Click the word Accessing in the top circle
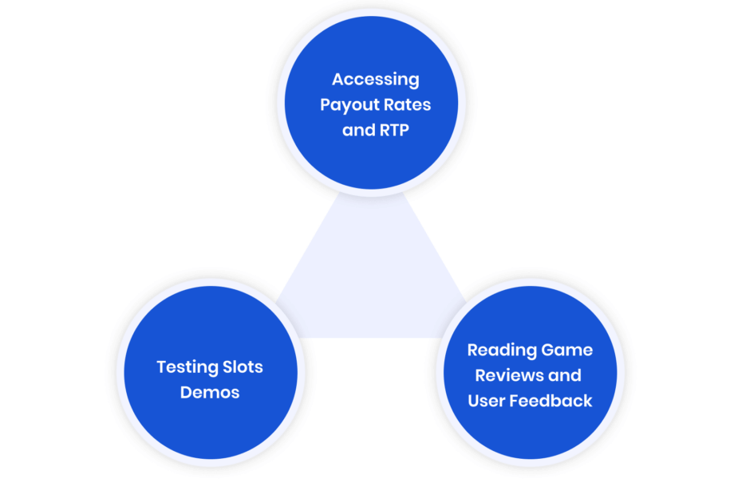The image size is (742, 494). click(x=375, y=80)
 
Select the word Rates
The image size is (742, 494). click(x=407, y=104)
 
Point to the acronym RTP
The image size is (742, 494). click(x=394, y=130)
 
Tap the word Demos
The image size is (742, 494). click(x=210, y=392)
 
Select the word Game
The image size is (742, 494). click(x=567, y=350)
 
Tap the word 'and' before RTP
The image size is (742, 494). click(x=359, y=130)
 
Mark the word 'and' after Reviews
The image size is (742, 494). click(x=565, y=375)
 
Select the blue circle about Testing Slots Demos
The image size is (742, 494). click(x=211, y=373)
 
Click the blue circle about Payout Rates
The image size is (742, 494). click(x=372, y=103)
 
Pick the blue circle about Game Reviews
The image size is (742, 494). click(x=531, y=373)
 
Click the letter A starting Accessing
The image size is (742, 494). click(x=337, y=79)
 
